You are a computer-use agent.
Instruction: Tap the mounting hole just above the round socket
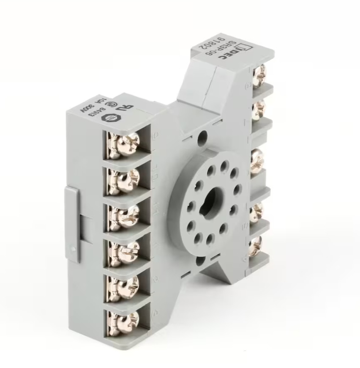click(203, 137)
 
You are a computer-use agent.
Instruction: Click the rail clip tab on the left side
click(72, 224)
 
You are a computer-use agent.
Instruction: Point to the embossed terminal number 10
click(156, 173)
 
